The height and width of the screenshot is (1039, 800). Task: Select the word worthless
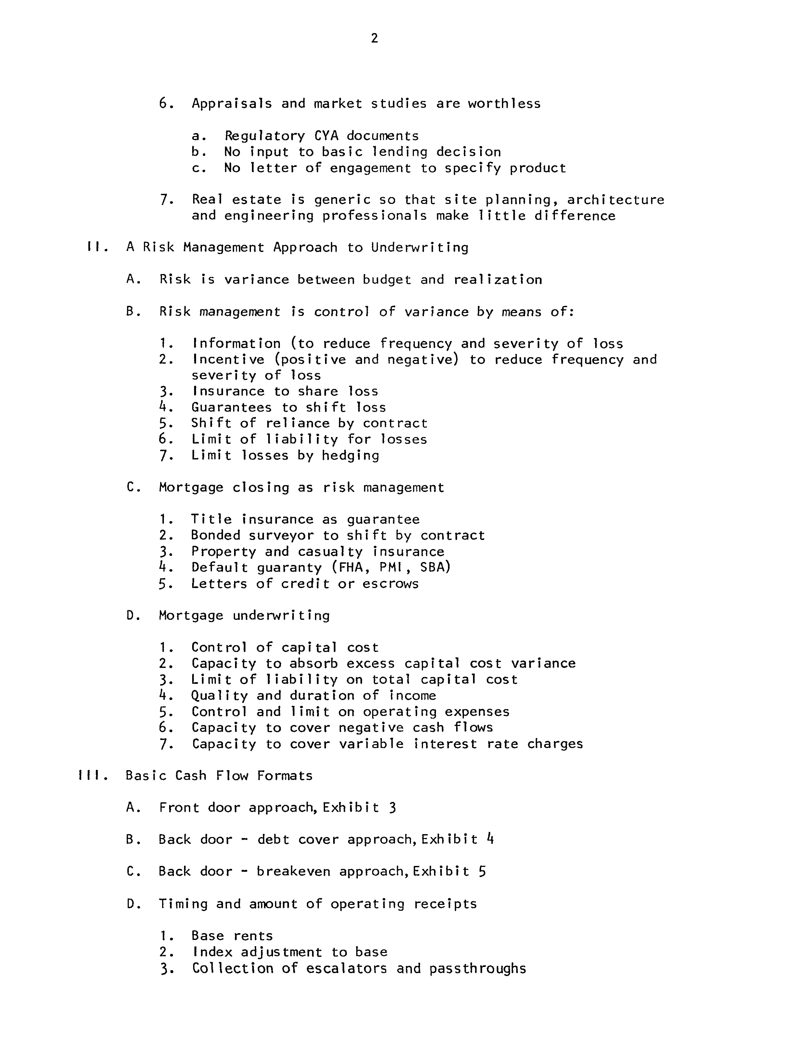tap(504, 104)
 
